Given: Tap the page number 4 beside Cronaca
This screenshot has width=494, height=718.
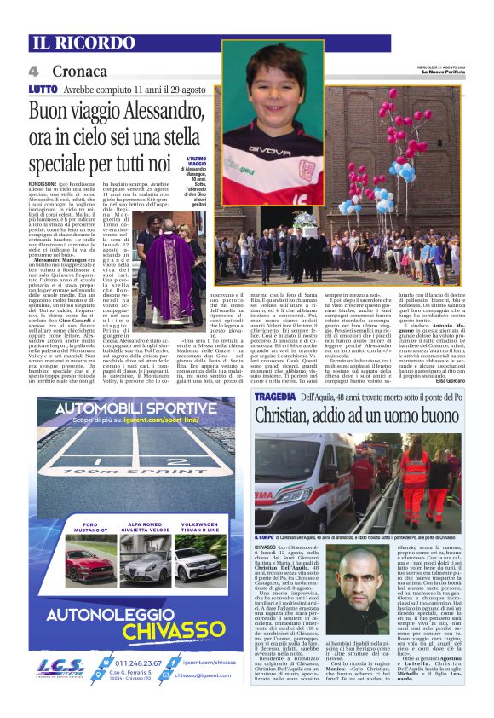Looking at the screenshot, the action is point(34,72).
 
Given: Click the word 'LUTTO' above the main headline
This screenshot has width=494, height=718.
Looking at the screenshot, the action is point(42,89).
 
